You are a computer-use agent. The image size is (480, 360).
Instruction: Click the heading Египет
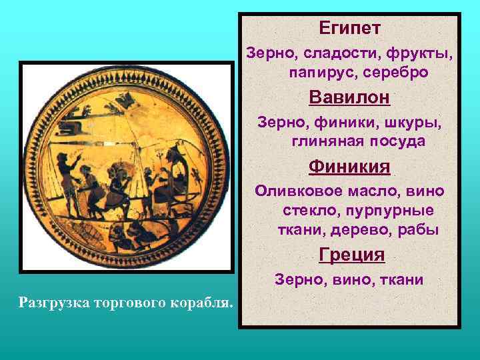[x=349, y=28]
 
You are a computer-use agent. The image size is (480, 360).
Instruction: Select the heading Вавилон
[x=349, y=97]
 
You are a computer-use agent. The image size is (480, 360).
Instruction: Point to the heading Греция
[x=351, y=255]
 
